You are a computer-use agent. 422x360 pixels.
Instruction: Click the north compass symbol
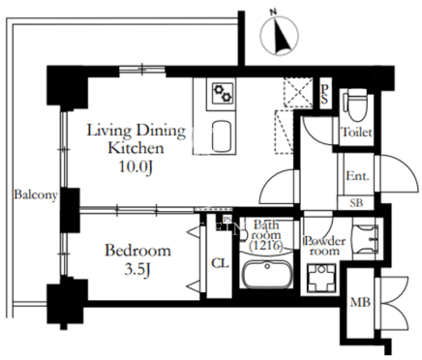click(x=279, y=35)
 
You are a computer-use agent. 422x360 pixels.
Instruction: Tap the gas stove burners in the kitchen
click(x=223, y=93)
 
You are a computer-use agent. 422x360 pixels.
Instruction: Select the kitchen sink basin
click(x=222, y=136)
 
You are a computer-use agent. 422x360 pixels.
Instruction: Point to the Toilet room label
click(x=356, y=132)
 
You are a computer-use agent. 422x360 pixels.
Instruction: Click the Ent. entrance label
click(x=357, y=176)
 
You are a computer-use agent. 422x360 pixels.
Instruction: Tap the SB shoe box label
click(x=356, y=202)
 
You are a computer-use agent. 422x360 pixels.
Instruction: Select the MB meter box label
click(x=360, y=303)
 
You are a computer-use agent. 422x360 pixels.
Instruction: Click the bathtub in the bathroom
click(x=267, y=275)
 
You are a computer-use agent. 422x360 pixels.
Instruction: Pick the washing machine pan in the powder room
click(x=321, y=278)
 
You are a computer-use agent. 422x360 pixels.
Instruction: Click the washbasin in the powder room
click(x=366, y=239)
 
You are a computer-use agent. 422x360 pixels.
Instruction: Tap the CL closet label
click(x=220, y=263)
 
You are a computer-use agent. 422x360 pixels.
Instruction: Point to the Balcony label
click(x=36, y=195)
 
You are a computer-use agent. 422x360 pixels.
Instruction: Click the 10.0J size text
click(x=136, y=167)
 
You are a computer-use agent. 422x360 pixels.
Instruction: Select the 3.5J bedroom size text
click(x=137, y=270)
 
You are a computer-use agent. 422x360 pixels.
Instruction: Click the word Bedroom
click(x=137, y=251)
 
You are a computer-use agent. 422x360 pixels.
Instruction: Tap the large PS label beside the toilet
click(x=324, y=94)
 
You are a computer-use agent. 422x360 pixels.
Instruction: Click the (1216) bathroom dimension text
click(x=266, y=246)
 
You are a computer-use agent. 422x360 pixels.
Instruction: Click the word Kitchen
click(x=136, y=148)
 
